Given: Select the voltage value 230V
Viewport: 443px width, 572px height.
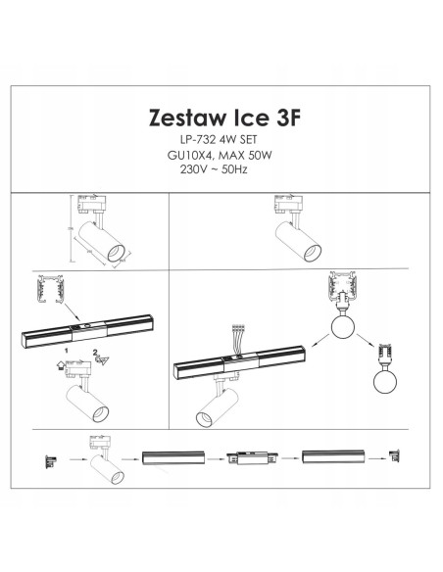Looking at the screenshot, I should pos(185,173).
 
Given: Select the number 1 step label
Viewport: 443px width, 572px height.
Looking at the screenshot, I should pos(65,350).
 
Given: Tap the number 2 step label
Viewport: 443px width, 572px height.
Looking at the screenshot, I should pos(94,350).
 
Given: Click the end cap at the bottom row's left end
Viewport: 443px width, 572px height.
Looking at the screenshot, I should pos(47,457).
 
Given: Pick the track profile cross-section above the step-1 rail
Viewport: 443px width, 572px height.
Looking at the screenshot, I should pos(45,290).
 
